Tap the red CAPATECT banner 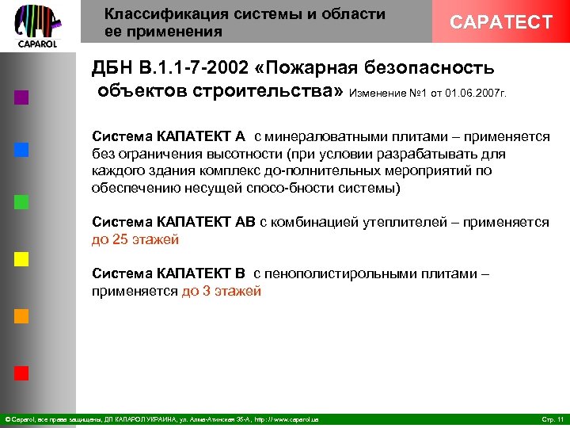coord(500,22)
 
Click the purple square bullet coord(22,98)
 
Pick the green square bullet coord(22,201)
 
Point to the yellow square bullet coord(22,259)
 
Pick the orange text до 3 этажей coord(222,291)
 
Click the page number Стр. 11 coord(551,418)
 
